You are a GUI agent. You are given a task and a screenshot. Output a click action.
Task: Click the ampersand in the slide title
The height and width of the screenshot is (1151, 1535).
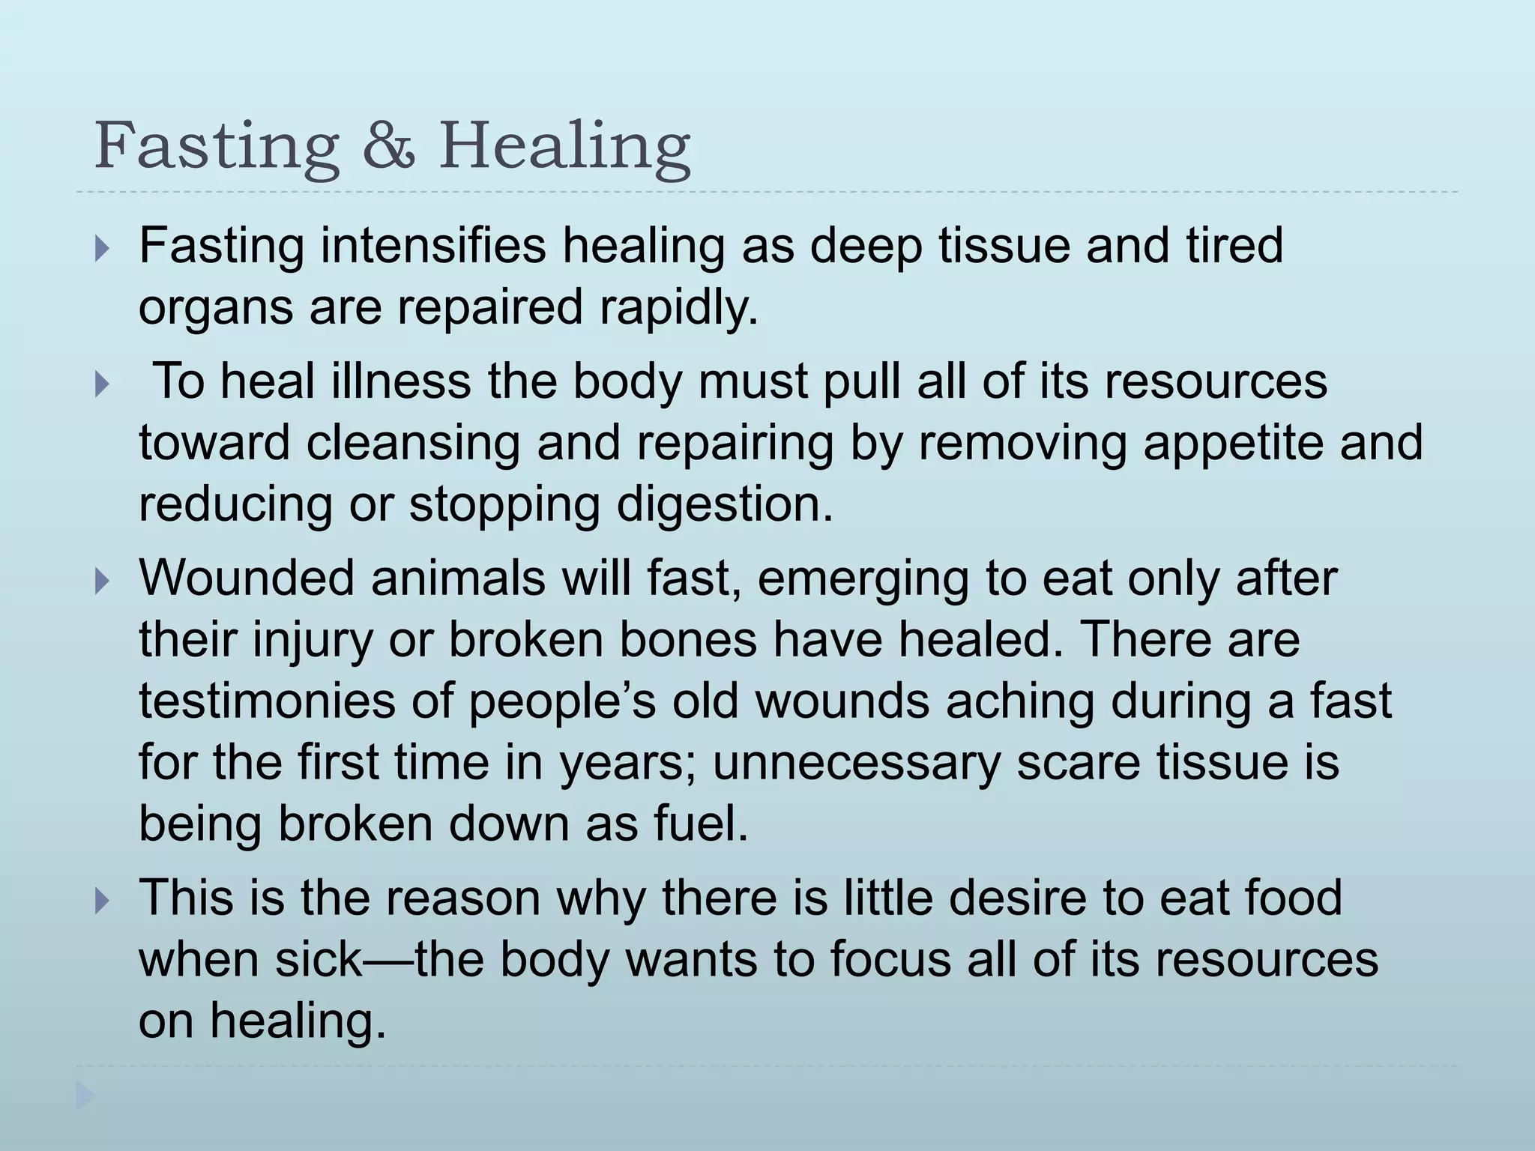click(x=388, y=145)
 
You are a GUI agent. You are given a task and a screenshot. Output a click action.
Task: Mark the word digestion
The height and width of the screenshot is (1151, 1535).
click(x=724, y=505)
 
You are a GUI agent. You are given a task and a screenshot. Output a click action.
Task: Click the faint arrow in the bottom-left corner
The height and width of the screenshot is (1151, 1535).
click(x=85, y=1097)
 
